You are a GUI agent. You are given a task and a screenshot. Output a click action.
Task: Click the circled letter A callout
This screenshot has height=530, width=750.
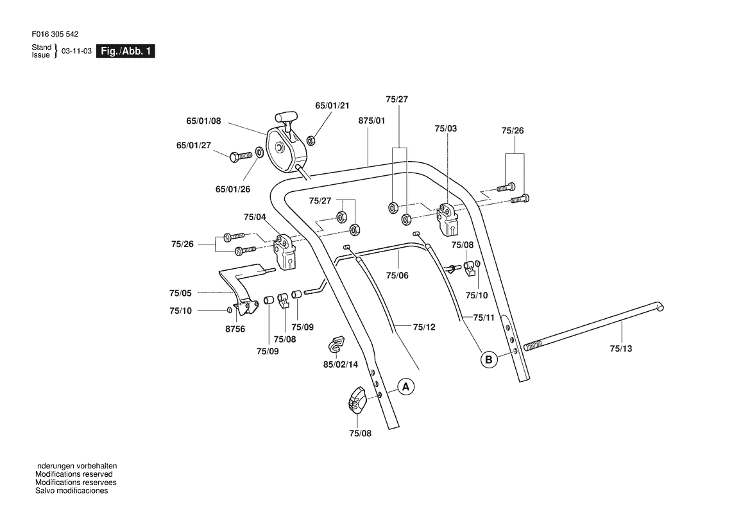pyautogui.click(x=406, y=386)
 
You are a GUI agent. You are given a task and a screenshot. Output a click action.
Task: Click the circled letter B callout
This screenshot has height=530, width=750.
pyautogui.click(x=489, y=359)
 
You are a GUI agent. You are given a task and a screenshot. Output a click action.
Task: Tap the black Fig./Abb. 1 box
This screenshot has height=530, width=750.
pyautogui.click(x=125, y=51)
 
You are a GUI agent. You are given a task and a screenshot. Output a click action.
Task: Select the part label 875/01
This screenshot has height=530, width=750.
pyautogui.click(x=371, y=121)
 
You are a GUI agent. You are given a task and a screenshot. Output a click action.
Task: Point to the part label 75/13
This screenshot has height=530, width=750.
pyautogui.click(x=621, y=348)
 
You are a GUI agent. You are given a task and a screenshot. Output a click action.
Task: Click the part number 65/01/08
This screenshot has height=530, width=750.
pyautogui.click(x=204, y=121)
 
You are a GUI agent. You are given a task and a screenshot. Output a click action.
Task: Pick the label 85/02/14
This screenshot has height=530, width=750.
pyautogui.click(x=341, y=364)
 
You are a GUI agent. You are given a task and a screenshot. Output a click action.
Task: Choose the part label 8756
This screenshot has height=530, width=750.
pyautogui.click(x=235, y=329)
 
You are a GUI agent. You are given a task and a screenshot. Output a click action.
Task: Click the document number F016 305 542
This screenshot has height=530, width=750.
pyautogui.click(x=55, y=35)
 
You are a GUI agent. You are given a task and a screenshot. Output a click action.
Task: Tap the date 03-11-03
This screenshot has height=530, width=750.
pyautogui.click(x=76, y=51)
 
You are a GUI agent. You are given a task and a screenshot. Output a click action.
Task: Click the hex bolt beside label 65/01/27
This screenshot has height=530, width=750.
pyautogui.click(x=241, y=156)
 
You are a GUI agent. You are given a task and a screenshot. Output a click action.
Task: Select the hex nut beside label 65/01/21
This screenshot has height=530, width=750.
pyautogui.click(x=309, y=140)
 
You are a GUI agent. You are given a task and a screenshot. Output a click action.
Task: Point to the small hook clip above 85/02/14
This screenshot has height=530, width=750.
pyautogui.click(x=337, y=343)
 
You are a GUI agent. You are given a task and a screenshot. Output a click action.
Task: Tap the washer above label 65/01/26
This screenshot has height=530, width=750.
pyautogui.click(x=259, y=152)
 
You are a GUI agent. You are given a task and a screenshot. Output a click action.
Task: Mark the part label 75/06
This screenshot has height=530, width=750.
pyautogui.click(x=397, y=275)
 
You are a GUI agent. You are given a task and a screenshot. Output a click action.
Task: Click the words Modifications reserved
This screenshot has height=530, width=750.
pyautogui.click(x=74, y=475)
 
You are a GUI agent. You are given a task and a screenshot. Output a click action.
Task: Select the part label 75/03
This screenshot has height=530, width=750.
pyautogui.click(x=446, y=129)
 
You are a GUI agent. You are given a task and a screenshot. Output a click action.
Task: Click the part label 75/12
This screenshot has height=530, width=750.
pyautogui.click(x=424, y=327)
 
